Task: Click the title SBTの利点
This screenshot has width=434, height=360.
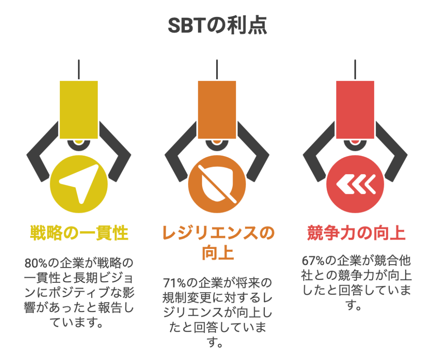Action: pyautogui.click(x=217, y=26)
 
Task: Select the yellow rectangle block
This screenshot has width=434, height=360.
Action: pyautogui.click(x=79, y=109)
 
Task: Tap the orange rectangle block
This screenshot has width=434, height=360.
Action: pyautogui.click(x=217, y=109)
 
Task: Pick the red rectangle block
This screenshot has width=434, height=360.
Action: pyautogui.click(x=355, y=109)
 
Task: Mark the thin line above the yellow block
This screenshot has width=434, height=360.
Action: pyautogui.click(x=79, y=70)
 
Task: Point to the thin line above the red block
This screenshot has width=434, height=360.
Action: pyautogui.click(x=355, y=70)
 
